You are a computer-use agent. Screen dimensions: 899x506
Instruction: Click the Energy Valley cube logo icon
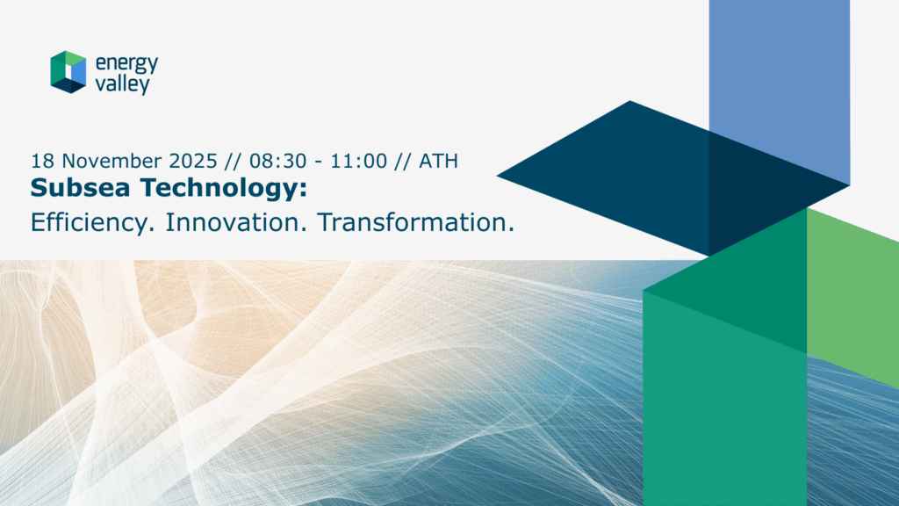(68, 72)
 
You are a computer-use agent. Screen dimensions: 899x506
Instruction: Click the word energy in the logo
(126, 63)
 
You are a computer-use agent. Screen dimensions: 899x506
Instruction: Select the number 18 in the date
(42, 161)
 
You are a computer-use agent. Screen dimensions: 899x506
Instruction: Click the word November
(111, 161)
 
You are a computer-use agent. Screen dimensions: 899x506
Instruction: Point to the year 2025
(193, 161)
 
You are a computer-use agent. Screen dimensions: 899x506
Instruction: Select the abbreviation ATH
(439, 161)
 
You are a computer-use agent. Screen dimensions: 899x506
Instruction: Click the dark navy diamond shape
(673, 177)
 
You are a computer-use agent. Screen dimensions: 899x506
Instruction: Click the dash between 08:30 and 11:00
(319, 163)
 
